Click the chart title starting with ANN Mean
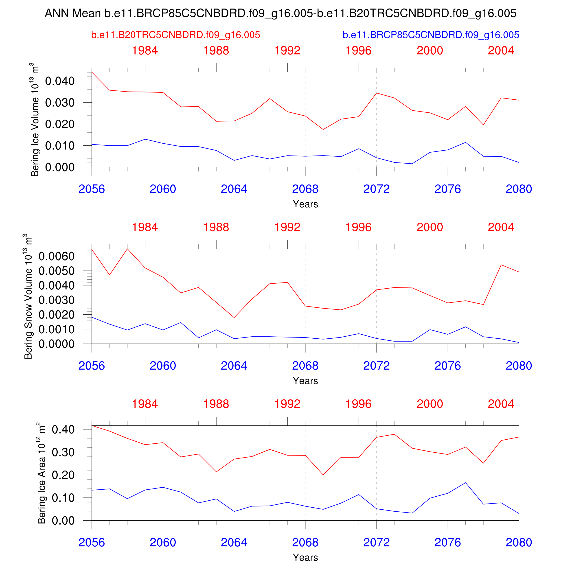pos(280,13)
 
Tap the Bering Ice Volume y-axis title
pos(35,120)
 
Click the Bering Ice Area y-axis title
pos(42,473)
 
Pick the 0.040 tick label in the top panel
pos(60,81)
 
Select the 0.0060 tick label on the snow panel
pos(57,256)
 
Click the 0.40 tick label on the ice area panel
pos(63,430)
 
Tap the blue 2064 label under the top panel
pos(234,189)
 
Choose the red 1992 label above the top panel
pos(287,50)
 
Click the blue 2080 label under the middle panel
pos(519,366)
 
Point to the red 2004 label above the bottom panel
pos(501,404)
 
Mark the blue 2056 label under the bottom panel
pos(92,542)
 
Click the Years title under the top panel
pos(305,204)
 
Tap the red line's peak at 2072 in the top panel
pos(377,93)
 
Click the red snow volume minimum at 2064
pos(234,317)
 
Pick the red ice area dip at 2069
pos(323,475)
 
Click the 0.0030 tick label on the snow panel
pos(57,300)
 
